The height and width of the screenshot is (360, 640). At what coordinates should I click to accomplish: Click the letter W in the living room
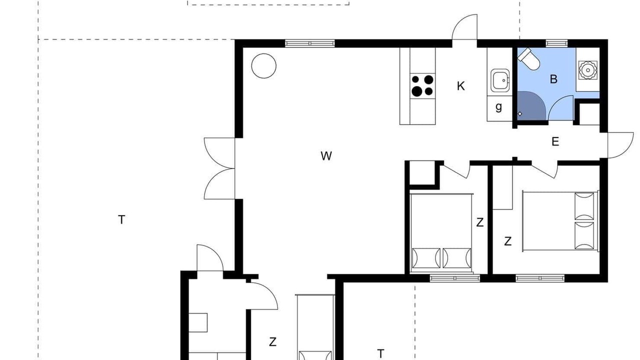pos(326,156)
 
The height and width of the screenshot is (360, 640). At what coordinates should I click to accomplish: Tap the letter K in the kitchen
pos(460,86)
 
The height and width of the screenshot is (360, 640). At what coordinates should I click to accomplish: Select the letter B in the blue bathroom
pos(553,79)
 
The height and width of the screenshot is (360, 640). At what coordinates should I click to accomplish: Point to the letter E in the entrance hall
pos(555,141)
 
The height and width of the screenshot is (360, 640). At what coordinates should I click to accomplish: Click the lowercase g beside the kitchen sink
pos(498,107)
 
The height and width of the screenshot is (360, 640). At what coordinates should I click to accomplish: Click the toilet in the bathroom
pos(528,59)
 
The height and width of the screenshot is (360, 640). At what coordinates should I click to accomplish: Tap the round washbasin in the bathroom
pos(587,69)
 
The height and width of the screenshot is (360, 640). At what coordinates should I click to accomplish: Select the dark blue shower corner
pos(531,105)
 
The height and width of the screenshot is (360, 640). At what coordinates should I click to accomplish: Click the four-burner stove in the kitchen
pos(422,86)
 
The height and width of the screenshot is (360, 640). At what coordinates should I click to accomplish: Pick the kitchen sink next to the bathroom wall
pos(500,80)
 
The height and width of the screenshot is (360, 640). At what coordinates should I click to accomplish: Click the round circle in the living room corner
pos(263,65)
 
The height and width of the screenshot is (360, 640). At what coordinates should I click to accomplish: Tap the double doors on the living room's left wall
pos(219,168)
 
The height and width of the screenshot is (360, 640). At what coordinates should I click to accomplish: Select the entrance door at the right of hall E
pos(620,145)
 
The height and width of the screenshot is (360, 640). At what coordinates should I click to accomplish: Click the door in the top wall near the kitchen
pos(464,27)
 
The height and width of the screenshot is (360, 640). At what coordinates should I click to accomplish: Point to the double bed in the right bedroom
pos(560,221)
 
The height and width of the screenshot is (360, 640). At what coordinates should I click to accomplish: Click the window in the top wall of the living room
pos(310,43)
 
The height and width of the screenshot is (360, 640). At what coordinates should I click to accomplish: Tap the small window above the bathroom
pos(556,43)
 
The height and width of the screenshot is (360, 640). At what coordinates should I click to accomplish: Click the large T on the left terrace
pos(121,219)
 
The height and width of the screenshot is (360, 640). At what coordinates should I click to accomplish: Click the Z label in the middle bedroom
pos(479,222)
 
